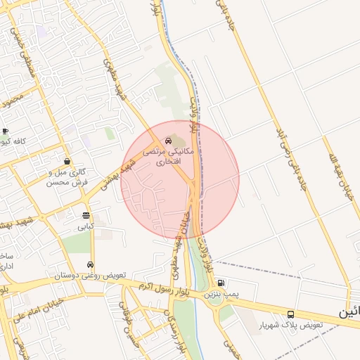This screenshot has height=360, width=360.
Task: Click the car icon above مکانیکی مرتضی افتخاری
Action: [167, 141]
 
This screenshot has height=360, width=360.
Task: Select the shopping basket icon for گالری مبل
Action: [67, 161]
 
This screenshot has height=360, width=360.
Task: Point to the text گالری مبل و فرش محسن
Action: [67, 176]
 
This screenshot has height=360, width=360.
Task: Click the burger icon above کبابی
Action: [86, 216]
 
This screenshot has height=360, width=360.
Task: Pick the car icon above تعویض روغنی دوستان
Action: [90, 264]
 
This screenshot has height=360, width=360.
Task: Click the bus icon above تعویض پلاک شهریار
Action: [290, 314]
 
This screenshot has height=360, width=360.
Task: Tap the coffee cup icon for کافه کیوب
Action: [5, 131]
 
